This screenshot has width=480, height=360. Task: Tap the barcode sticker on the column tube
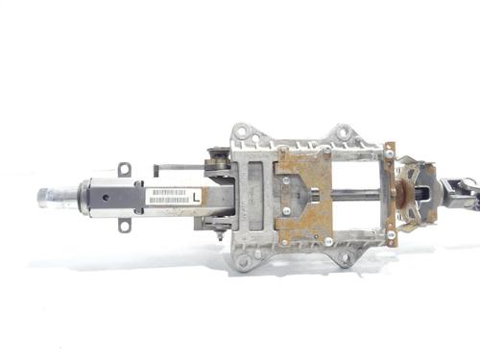[169, 196]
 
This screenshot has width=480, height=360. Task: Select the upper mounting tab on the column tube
[124, 169]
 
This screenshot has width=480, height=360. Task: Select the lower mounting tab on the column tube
[124, 226]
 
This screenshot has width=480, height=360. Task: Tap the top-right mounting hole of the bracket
[343, 131]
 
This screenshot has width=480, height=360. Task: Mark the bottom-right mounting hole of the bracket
[343, 258]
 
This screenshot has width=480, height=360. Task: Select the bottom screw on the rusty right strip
[390, 234]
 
